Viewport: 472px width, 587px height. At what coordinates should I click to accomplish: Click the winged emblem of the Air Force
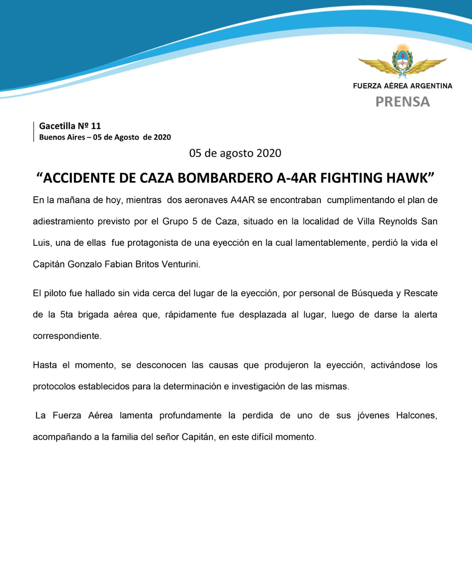pyautogui.click(x=402, y=62)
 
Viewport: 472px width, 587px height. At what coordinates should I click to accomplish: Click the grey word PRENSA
pyautogui.click(x=402, y=101)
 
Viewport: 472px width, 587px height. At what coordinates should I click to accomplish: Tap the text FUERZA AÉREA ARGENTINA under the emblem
pyautogui.click(x=402, y=86)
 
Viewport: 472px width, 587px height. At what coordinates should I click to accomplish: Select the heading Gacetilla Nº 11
pyautogui.click(x=70, y=126)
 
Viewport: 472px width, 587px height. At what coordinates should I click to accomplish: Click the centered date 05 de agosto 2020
pyautogui.click(x=235, y=153)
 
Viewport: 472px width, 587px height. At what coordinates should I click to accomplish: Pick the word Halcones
pyautogui.click(x=417, y=415)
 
